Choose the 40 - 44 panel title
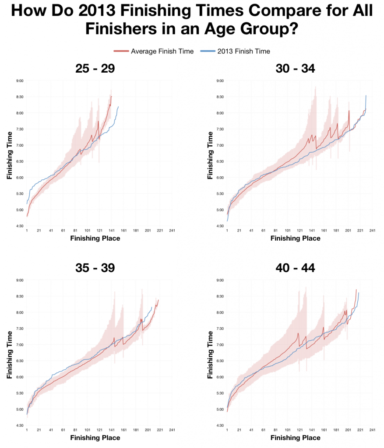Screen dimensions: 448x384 [295, 267]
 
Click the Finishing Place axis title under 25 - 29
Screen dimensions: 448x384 [95, 238]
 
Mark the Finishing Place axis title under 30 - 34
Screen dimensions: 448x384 [295, 238]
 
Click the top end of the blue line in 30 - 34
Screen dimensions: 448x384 [366, 96]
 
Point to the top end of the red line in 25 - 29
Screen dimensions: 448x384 [112, 96]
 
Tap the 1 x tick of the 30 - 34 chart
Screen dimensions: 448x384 [227, 231]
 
